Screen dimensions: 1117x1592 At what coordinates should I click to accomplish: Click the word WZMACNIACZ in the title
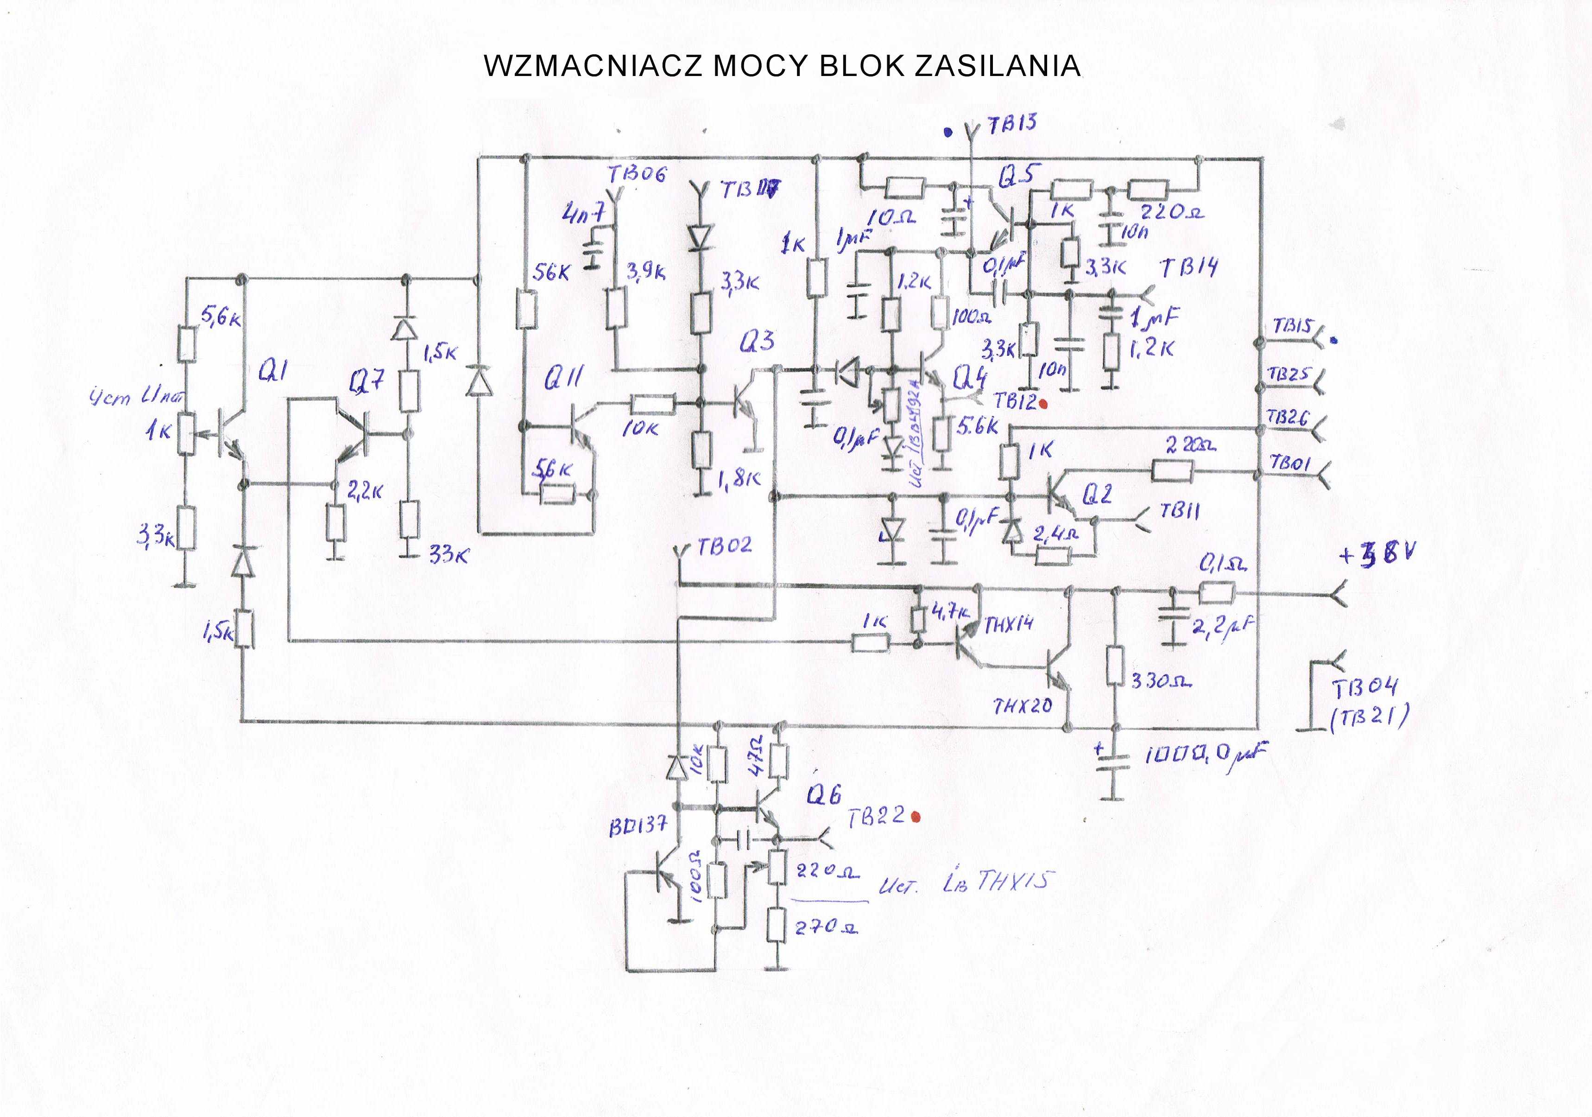point(594,66)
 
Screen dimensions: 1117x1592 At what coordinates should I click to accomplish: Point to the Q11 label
point(563,378)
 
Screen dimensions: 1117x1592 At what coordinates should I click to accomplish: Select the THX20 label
point(1022,706)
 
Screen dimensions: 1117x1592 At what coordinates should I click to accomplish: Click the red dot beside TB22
point(916,817)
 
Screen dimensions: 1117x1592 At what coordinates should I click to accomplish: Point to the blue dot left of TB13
point(948,131)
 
